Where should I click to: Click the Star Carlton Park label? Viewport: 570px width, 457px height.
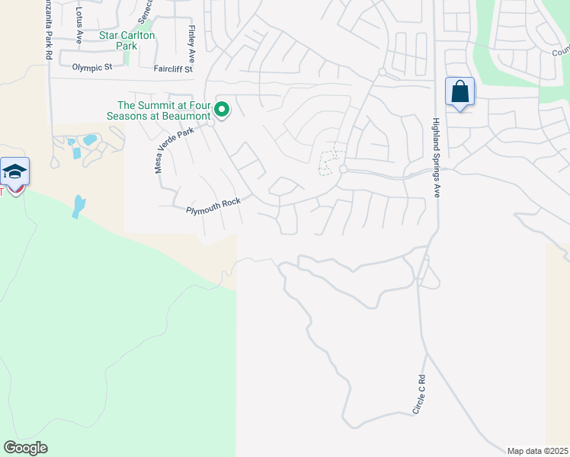126,40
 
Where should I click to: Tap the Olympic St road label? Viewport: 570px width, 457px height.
92,67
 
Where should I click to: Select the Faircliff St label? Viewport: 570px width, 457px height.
173,68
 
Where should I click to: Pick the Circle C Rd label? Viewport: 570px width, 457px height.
419,395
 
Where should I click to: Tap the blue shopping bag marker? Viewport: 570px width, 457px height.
460,92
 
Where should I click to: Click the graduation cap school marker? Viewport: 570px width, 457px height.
14,172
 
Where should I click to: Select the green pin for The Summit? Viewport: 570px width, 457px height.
222,110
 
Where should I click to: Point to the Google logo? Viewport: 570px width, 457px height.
25,447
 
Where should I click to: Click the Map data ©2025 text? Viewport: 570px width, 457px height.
537,451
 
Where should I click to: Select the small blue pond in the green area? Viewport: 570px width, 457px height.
78,206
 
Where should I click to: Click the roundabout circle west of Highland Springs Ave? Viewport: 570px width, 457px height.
344,169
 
